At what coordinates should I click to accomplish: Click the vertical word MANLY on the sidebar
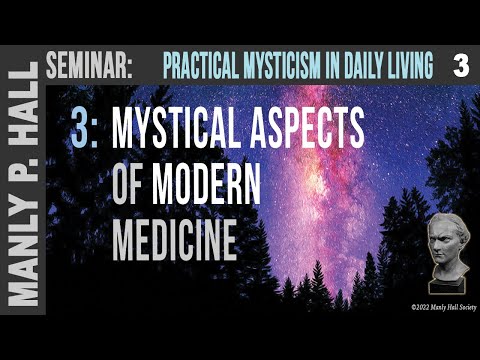[22, 271]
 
